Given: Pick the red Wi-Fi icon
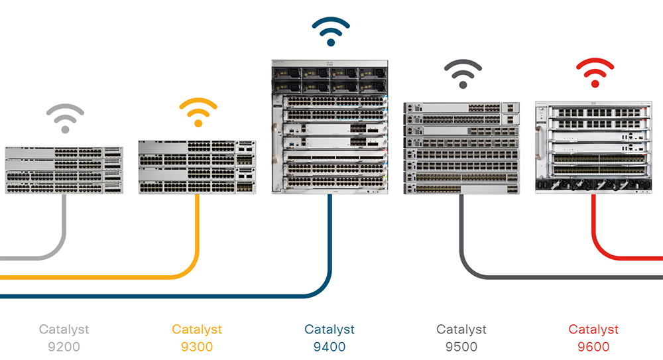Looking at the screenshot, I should point(595,74).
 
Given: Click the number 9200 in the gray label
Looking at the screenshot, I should point(64,346).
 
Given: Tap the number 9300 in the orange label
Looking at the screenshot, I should point(197,346).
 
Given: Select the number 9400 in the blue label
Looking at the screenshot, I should point(330,346).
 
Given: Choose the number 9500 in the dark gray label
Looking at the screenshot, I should point(461,346).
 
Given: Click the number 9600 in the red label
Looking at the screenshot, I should point(593,346).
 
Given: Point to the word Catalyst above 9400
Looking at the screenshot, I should point(330,330).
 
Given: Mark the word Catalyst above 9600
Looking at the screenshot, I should point(593,330).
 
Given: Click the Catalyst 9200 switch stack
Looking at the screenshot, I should point(64,170).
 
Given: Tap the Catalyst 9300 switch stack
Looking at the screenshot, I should point(197,167).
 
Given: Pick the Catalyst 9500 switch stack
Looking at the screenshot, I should point(462,148).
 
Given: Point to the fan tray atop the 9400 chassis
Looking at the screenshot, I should point(330,78).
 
